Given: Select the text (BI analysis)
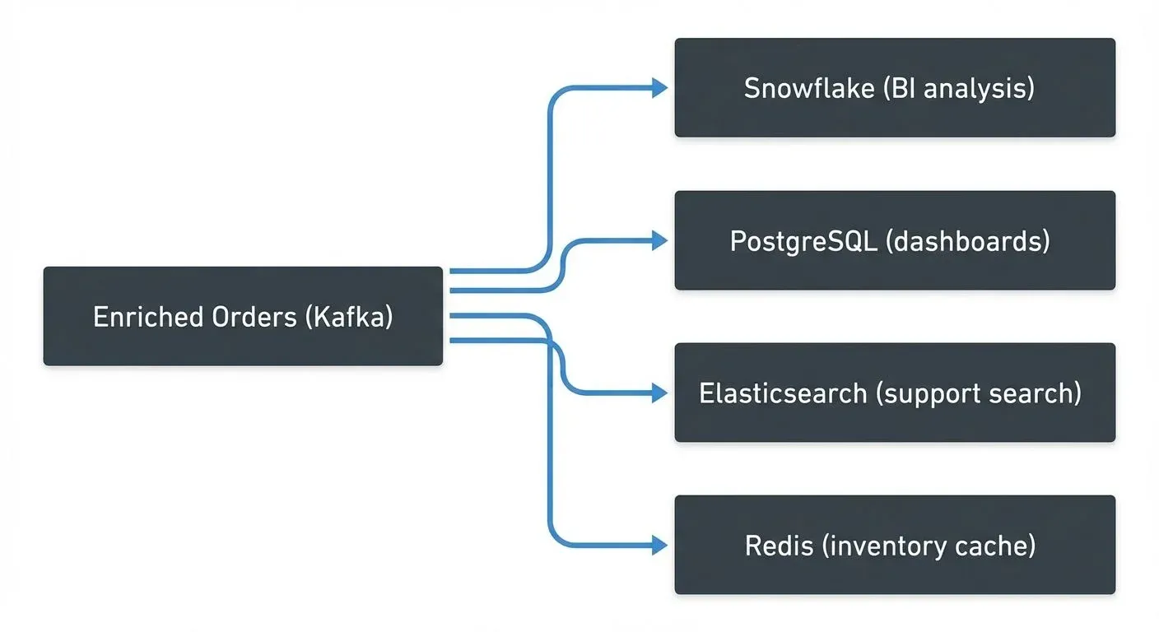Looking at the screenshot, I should (958, 88).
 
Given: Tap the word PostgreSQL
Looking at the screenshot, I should (795, 241).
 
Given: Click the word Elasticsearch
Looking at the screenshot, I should (783, 393).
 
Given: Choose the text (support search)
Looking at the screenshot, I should (978, 393).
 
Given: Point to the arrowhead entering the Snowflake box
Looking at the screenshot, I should (659, 88).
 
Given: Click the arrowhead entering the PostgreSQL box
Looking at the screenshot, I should (659, 240).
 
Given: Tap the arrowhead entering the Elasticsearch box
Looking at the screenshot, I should (659, 393).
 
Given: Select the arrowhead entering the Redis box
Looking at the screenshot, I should (659, 545).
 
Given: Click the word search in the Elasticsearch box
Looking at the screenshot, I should (1034, 393).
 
